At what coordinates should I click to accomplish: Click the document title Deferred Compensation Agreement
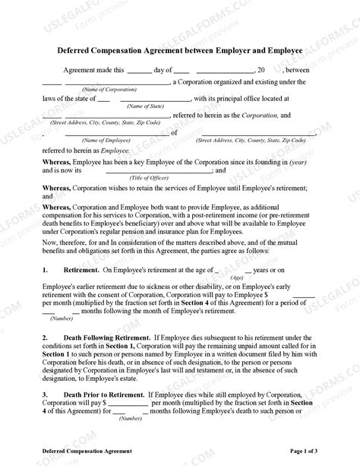179,51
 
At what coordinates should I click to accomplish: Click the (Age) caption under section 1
237,277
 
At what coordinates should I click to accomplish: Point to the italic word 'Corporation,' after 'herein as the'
266,115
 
